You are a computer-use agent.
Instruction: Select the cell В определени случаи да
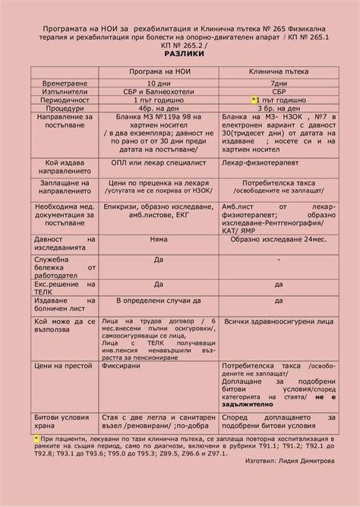[x=159, y=301]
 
